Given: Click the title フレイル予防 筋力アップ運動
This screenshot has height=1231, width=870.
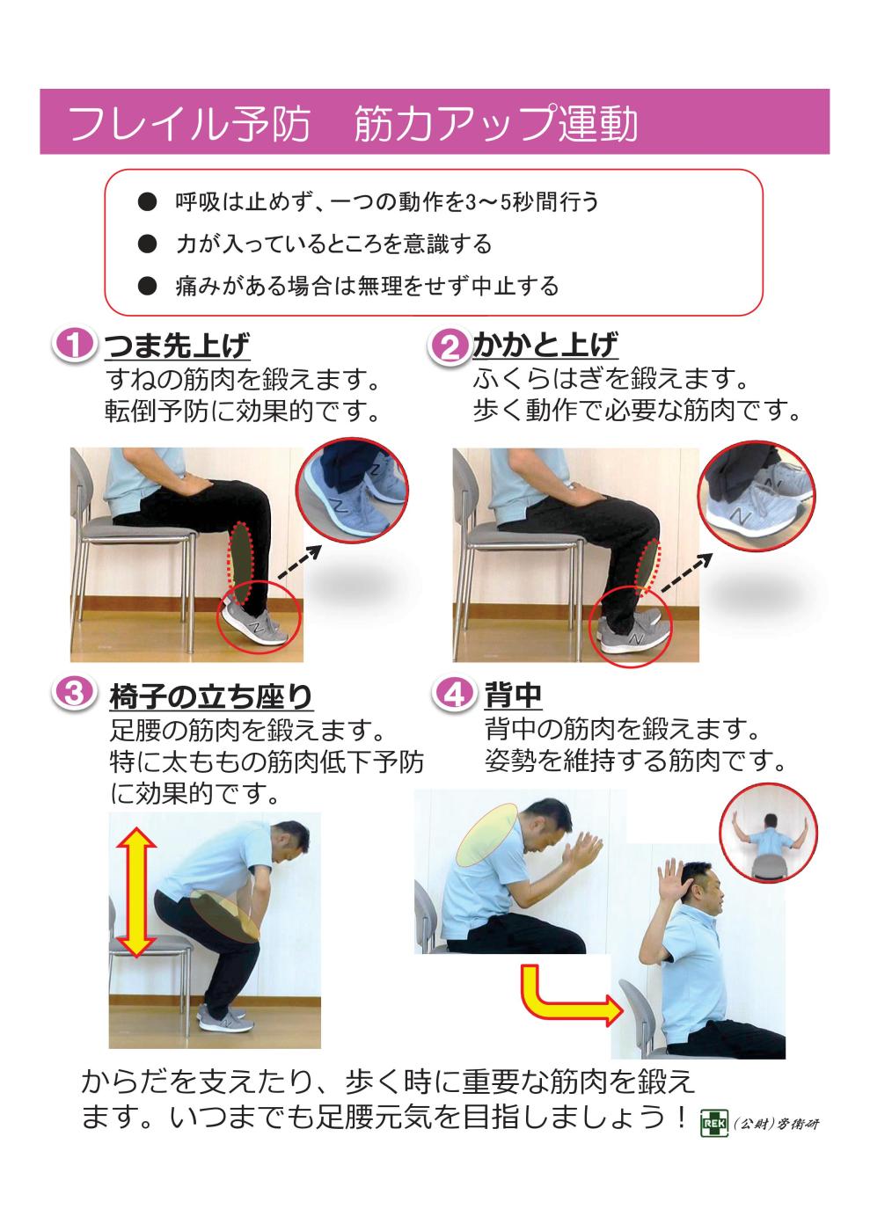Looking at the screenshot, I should coord(352,124).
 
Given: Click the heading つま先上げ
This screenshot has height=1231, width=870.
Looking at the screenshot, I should coord(177,346).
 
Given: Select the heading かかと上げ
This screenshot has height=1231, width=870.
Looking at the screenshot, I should coord(545,345).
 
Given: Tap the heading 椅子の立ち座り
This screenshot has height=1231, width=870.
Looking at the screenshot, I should coord(211,697).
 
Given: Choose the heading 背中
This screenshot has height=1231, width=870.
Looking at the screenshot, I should coord(513,696).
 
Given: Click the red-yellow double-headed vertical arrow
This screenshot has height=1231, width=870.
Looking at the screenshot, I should coord(138,893).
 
